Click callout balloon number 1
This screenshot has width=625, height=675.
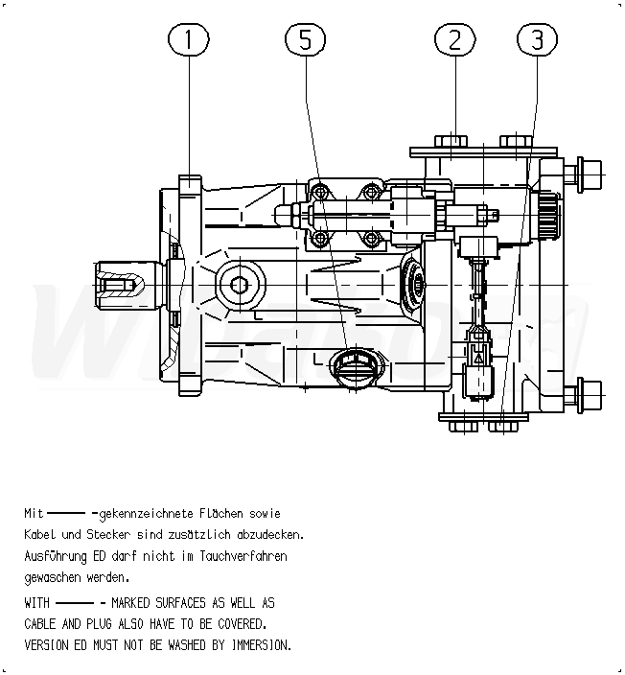coord(188,39)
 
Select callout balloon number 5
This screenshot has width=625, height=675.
coord(305,39)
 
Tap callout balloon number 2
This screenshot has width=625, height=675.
coord(455,39)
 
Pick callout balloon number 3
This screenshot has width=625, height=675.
coord(537,39)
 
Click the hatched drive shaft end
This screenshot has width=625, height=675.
coord(119,284)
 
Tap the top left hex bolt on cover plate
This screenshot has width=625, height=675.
coord(451,142)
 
